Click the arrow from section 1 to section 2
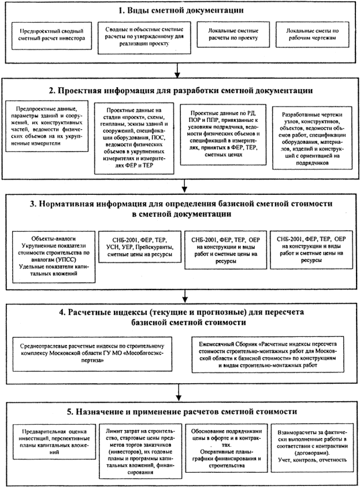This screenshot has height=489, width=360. click(x=180, y=69)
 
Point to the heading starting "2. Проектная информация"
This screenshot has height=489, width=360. click(x=180, y=91)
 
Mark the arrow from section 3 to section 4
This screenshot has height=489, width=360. click(x=180, y=292)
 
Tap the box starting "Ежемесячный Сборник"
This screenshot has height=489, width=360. click(x=267, y=351)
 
